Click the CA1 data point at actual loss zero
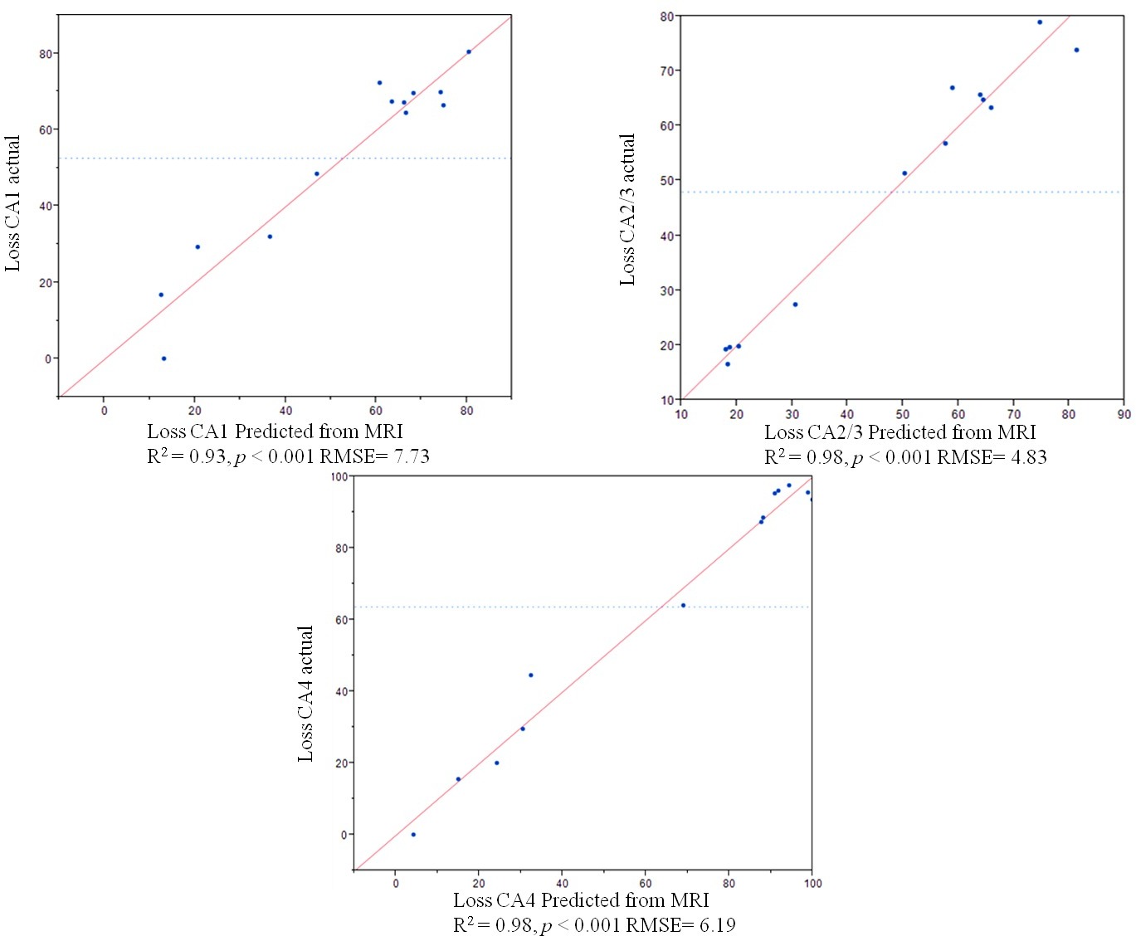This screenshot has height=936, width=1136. click(163, 358)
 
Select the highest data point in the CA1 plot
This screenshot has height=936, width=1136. click(468, 51)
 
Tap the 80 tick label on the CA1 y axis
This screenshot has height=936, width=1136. click(46, 54)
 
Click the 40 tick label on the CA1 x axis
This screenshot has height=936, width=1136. click(285, 411)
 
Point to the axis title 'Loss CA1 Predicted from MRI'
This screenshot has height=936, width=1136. click(275, 431)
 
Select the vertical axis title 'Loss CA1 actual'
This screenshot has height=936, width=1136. click(12, 203)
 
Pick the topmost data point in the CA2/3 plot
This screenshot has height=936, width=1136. click(1040, 22)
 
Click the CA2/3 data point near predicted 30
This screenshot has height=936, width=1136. click(795, 305)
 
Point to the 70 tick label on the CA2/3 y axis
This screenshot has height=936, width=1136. click(667, 71)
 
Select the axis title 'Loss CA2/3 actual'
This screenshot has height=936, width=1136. click(628, 210)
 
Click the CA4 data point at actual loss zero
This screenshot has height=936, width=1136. click(413, 834)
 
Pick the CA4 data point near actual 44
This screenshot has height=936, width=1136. click(531, 675)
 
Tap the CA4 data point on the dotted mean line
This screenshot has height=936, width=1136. click(683, 605)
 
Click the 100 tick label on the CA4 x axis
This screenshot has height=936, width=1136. click(812, 884)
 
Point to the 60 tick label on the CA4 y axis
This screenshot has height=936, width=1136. click(341, 620)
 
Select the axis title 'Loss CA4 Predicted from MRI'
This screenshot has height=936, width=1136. click(581, 900)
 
